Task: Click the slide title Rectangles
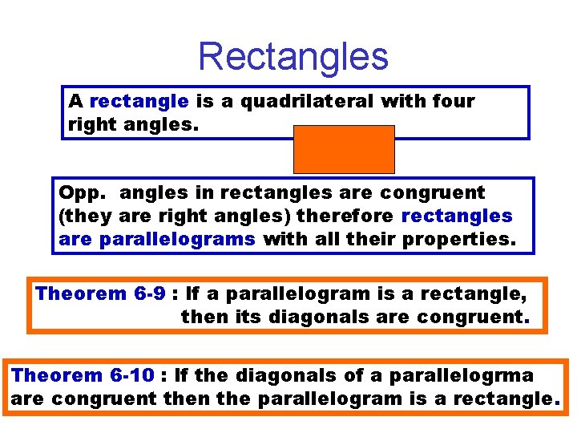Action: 293,56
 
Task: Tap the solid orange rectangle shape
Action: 344,149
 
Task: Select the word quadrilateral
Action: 309,101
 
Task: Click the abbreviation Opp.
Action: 77,192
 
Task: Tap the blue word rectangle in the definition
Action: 139,101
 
